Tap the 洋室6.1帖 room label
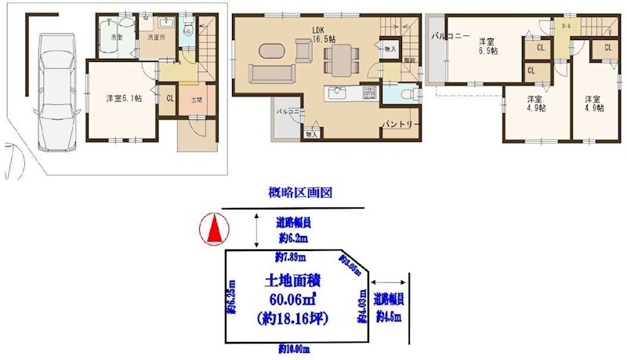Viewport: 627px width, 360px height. (x=124, y=99)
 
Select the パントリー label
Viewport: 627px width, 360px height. (x=397, y=125)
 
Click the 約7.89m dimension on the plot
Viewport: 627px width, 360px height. (x=290, y=257)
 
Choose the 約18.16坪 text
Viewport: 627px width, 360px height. (x=292, y=318)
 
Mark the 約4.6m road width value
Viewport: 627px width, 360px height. (x=387, y=317)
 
